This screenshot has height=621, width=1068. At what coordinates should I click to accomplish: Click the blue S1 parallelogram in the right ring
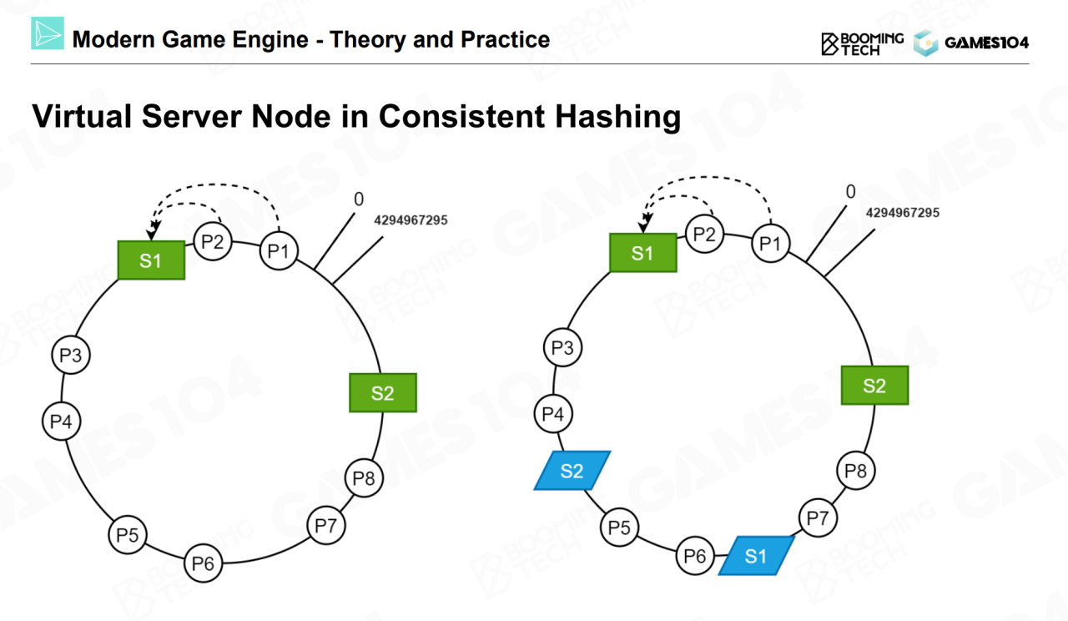(x=756, y=556)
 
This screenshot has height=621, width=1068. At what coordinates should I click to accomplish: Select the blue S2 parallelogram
(x=572, y=471)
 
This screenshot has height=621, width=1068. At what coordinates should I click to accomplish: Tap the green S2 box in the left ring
(x=382, y=392)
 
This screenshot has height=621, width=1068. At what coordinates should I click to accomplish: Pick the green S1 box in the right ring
(x=642, y=253)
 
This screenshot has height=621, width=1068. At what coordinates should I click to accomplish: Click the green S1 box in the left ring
(x=150, y=260)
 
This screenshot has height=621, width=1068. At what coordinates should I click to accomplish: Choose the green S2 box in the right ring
(x=874, y=386)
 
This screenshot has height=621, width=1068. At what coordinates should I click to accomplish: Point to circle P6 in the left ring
(x=203, y=563)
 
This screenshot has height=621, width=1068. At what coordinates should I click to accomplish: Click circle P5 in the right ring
(x=619, y=528)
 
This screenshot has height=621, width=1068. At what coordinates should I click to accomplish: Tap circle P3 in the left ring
(x=70, y=356)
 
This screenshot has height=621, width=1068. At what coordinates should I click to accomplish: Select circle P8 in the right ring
(x=856, y=471)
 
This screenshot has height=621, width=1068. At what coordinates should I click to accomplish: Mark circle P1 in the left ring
(x=280, y=250)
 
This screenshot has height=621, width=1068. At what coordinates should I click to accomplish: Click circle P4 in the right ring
(x=553, y=413)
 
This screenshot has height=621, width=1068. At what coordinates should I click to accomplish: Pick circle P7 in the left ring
(x=326, y=526)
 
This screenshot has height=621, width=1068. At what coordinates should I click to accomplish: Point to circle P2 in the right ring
(x=705, y=235)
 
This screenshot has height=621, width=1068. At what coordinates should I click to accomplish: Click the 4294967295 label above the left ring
(x=411, y=221)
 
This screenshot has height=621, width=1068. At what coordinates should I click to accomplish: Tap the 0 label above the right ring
(x=850, y=192)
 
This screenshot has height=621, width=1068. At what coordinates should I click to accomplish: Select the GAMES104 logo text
(x=986, y=43)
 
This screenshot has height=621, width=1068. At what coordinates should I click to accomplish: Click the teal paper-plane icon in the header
(x=48, y=33)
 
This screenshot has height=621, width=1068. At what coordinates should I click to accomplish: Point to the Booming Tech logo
(x=862, y=43)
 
